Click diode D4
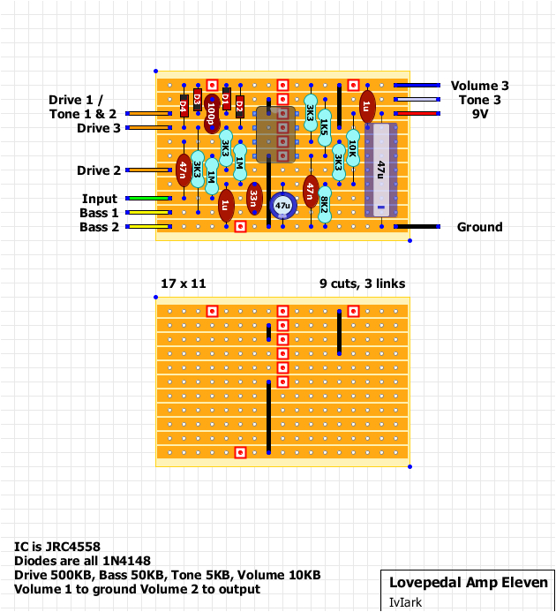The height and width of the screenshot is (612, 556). pos(183,106)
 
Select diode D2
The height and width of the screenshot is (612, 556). pos(239,106)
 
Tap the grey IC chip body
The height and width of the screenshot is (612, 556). pos(275,134)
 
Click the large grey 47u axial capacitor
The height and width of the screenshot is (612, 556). pos(380,168)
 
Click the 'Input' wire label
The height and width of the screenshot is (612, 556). pos(100,199)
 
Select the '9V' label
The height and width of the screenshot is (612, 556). pos(479,114)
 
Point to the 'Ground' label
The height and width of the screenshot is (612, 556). pos(479,227)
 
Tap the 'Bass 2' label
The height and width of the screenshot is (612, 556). pos(99,227)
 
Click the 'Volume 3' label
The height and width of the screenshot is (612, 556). pos(479,86)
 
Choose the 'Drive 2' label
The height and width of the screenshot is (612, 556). pos(99,170)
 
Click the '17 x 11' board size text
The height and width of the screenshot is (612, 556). pos(183,283)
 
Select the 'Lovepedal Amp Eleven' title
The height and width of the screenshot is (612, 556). pos(468,583)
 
